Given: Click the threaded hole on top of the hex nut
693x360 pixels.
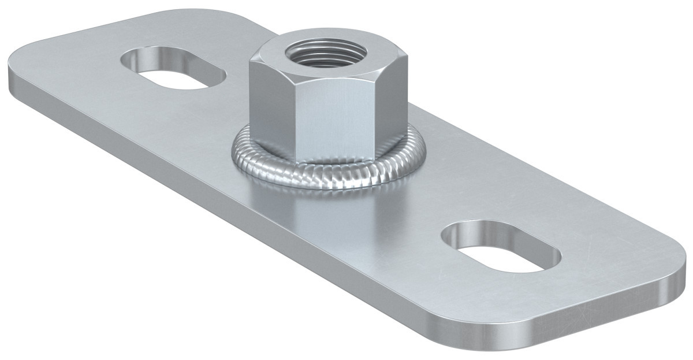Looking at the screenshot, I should coord(312,53).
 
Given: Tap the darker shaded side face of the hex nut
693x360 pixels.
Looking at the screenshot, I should coord(270,110).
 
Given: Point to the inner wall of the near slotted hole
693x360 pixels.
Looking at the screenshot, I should coord(491,236).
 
